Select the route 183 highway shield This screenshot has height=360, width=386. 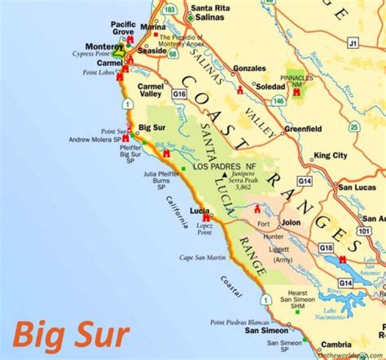point(170,10)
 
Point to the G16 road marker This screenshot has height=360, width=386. point(180,94)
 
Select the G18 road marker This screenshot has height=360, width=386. point(326,247)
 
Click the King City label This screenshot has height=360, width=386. point(330,156)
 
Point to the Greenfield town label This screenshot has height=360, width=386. point(303,129)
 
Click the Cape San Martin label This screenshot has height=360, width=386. point(203,258)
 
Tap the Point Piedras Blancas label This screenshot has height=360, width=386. point(240,322)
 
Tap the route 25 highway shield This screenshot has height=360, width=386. point(354,127)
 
